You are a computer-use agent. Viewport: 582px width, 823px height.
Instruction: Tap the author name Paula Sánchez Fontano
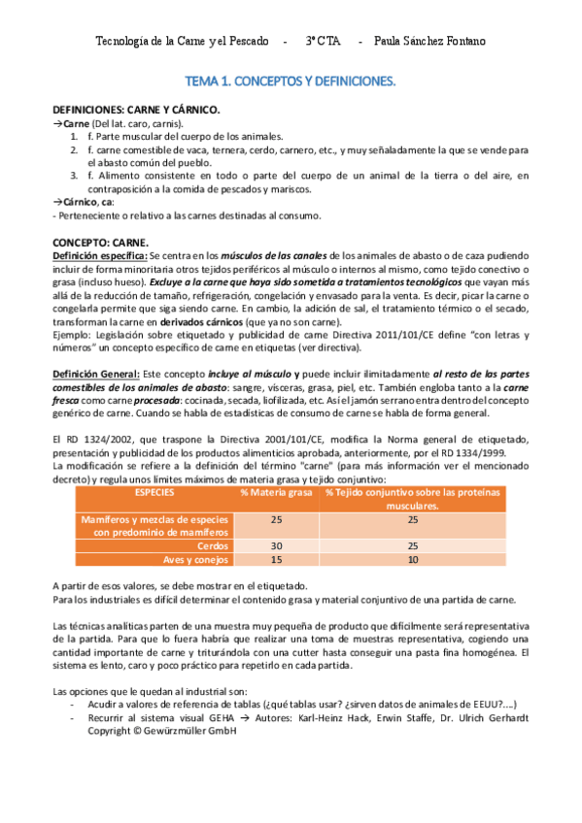(429, 42)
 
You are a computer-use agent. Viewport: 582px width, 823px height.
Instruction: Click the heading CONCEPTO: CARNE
(100, 242)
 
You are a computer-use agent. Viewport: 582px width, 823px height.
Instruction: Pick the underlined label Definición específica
(98, 254)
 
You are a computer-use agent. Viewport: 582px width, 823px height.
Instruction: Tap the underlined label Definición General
(94, 374)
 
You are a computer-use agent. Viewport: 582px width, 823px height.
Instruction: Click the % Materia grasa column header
(276, 492)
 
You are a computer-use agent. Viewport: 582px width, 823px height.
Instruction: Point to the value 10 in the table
(413, 559)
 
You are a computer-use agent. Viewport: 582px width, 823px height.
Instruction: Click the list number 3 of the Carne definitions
(74, 176)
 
